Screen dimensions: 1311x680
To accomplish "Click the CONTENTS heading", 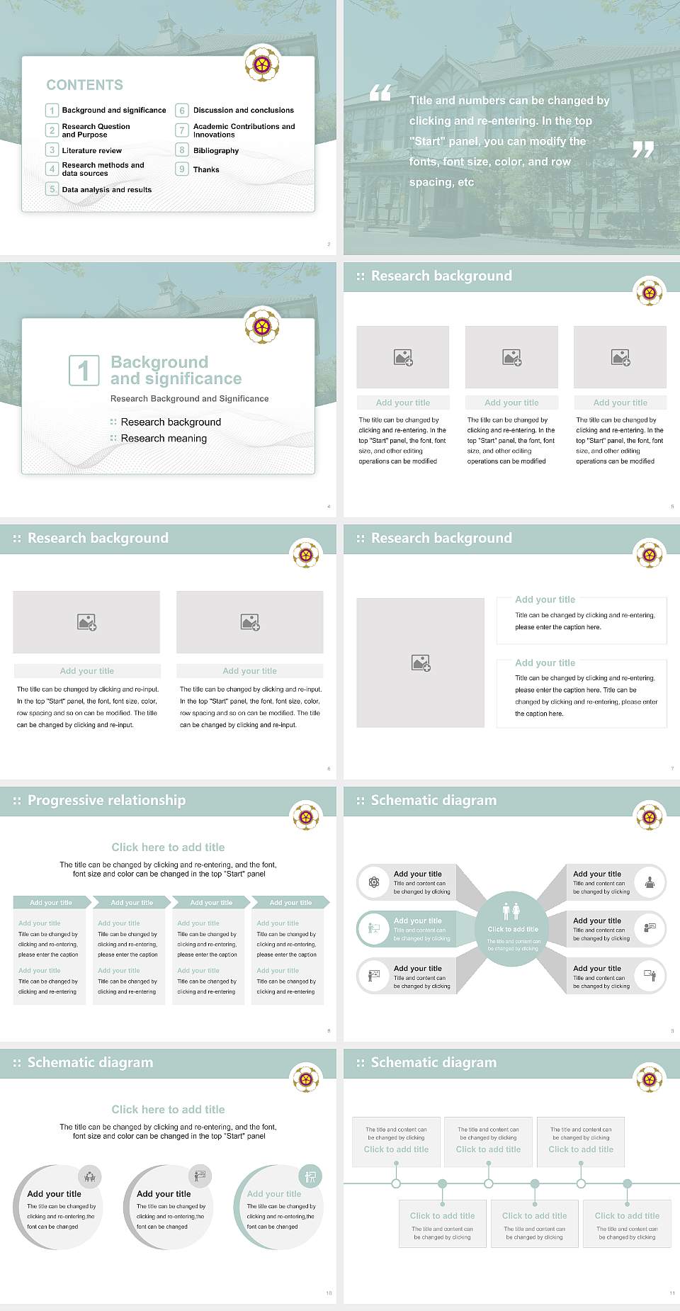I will [84, 85].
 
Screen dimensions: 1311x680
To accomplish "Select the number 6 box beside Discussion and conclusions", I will [182, 111].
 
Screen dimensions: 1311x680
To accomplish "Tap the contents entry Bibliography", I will [215, 151].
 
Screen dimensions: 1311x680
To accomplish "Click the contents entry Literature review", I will [91, 151].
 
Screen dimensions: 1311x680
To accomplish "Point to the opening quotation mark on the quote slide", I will [380, 93].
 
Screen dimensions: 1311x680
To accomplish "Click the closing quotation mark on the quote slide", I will [642, 150].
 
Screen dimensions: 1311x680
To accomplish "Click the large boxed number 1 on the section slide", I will [84, 371].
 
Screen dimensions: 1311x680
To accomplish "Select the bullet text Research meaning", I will [164, 439].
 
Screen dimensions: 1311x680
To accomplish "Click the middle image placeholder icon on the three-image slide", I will [511, 357].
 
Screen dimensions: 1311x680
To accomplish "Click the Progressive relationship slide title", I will [106, 800].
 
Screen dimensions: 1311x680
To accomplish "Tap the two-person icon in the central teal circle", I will [511, 911].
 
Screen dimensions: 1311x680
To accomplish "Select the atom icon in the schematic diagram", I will [374, 882].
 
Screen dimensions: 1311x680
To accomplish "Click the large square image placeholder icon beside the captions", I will [421, 663].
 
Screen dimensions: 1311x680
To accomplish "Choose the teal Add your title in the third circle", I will [274, 1194].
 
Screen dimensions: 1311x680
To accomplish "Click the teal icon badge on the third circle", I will [310, 1177].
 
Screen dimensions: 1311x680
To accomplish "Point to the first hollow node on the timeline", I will [396, 1183].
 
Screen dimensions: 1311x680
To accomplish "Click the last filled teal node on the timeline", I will [627, 1183].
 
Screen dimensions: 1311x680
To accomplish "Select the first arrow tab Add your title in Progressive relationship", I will [51, 902].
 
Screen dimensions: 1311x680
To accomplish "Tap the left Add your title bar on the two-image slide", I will [87, 671].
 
